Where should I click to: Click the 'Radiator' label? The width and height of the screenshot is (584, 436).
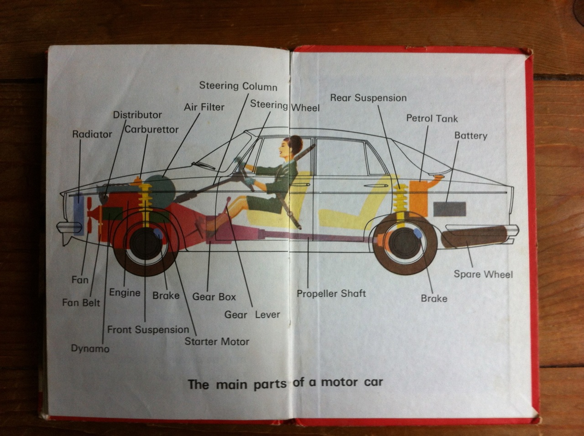(92, 134)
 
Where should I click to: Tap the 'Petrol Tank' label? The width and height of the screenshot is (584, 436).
(432, 119)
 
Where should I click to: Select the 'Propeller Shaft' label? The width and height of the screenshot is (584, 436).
(331, 294)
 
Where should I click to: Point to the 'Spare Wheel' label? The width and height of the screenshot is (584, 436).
(483, 274)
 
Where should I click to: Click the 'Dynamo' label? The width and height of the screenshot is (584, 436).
(90, 348)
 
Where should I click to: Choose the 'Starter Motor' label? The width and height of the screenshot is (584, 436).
(217, 341)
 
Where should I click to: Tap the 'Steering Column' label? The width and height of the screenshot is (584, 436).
(238, 86)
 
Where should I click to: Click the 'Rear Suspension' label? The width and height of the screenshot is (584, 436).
(368, 98)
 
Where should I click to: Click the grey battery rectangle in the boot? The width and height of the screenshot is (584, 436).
(449, 209)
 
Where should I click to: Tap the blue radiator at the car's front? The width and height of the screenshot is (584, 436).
(78, 215)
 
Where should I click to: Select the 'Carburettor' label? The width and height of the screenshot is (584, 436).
(151, 130)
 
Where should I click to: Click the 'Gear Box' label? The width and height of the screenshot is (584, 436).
(214, 297)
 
